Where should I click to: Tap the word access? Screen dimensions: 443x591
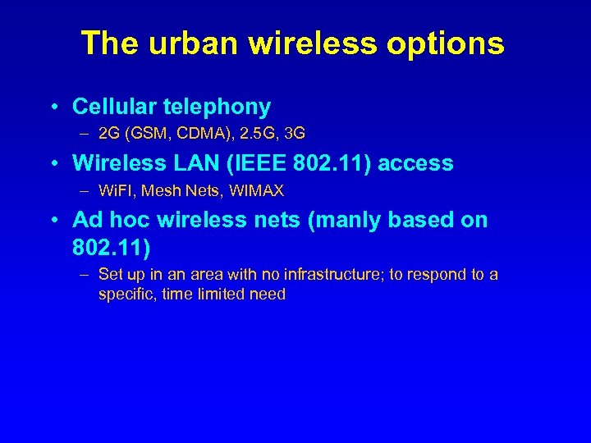click(x=416, y=164)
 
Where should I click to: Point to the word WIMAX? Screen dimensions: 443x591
click(x=256, y=191)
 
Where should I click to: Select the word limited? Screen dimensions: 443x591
click(x=221, y=295)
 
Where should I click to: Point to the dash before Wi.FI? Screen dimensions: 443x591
click(x=85, y=191)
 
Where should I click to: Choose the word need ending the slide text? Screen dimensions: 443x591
click(x=268, y=295)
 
